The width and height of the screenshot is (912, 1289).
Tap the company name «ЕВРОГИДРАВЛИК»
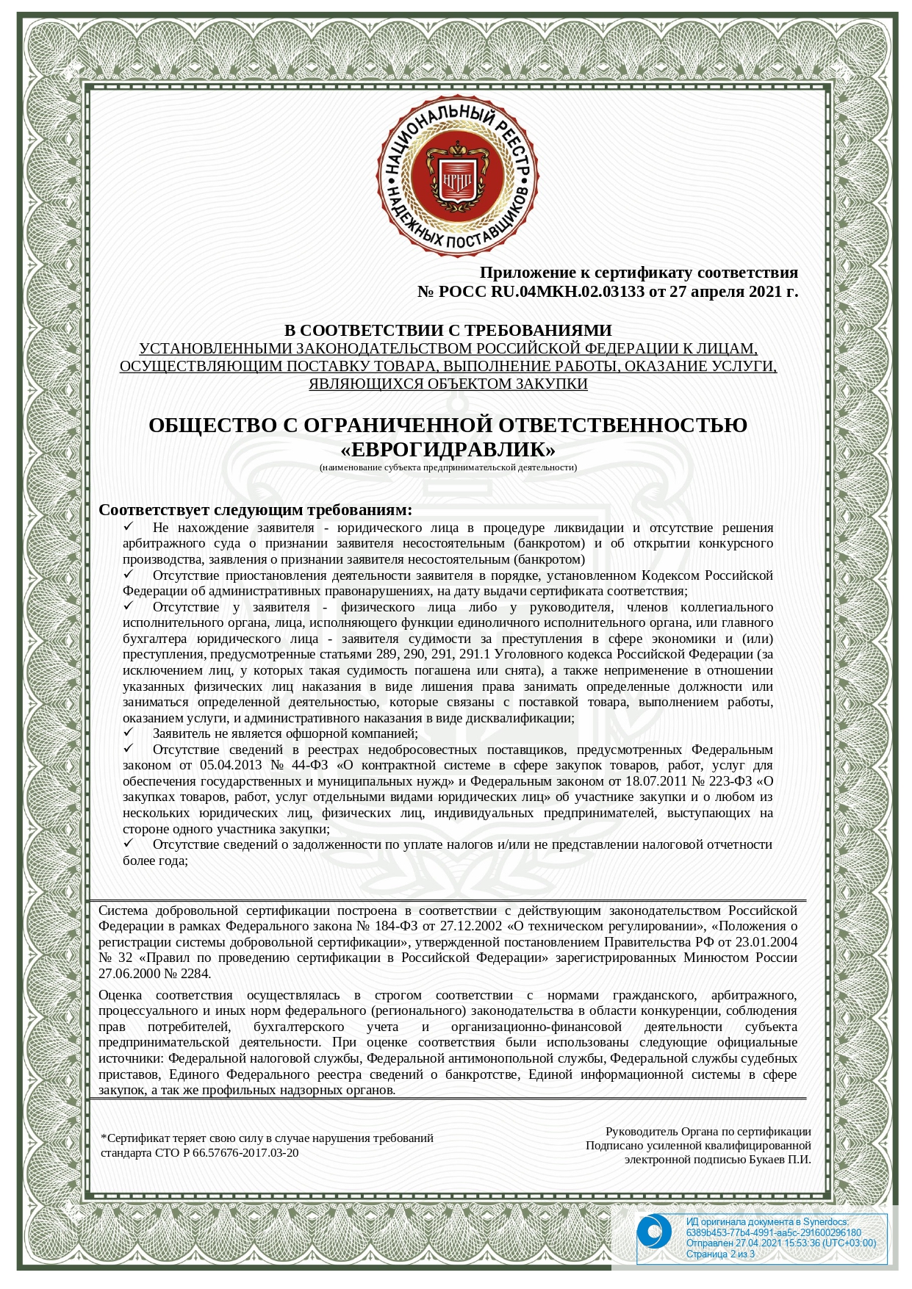pos(448,449)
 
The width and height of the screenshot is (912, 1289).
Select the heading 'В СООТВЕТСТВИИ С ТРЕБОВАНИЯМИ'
pos(448,330)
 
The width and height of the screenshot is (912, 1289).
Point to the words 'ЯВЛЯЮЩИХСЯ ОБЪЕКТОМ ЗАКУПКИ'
pos(448,384)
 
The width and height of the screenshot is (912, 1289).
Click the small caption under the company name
pos(448,467)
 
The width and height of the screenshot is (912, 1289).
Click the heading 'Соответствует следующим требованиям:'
pos(256,510)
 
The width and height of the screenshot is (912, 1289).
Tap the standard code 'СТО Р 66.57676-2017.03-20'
pos(227,1152)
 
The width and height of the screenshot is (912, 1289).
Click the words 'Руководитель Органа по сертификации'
pos(708,1132)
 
